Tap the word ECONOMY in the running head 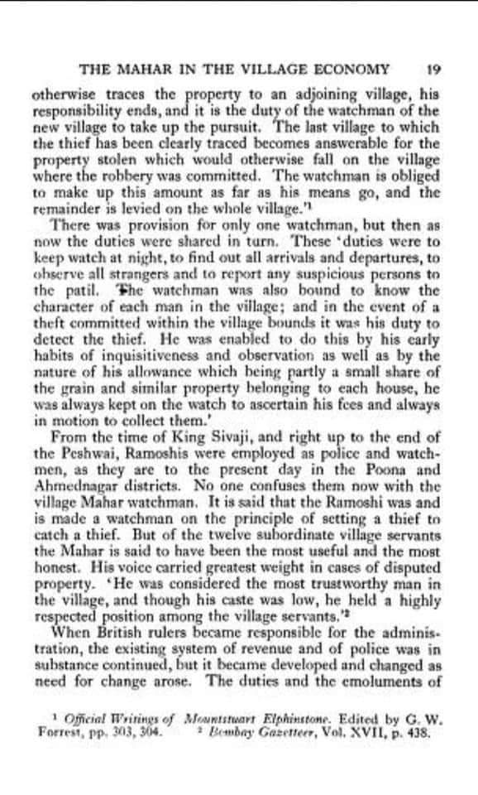(347, 70)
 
